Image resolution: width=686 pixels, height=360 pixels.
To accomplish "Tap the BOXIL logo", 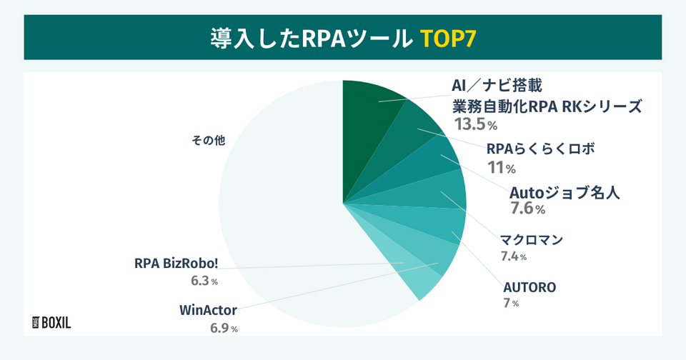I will pos(52,322).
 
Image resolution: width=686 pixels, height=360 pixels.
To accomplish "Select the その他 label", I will pos(208,141).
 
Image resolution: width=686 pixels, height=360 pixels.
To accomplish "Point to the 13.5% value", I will pos(475,125).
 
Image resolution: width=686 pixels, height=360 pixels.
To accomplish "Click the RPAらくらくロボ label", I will pos(540,150).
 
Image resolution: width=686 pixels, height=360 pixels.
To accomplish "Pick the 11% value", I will pos(501,169).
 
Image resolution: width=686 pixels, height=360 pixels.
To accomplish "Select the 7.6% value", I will pos(527,209).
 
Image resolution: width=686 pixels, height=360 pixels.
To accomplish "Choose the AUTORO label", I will pos(530,288).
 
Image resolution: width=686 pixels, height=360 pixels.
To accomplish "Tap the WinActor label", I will pos(208,311).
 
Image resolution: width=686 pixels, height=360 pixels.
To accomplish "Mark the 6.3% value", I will pos(204,281).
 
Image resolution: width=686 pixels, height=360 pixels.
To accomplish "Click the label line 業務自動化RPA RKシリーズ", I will pos(547,106).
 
